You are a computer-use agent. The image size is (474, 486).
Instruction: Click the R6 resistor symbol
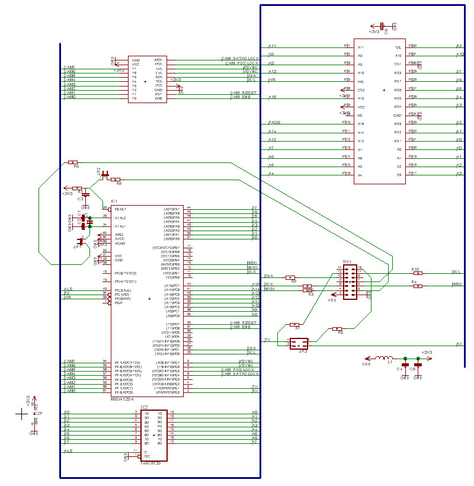(72, 162)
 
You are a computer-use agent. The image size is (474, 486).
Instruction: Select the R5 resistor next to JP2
(116, 179)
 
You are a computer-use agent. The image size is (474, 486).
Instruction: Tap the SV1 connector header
(351, 282)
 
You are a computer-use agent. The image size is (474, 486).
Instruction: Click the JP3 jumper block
(299, 344)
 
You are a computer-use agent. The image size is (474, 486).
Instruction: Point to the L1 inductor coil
(385, 358)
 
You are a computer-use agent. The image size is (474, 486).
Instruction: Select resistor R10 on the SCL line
(418, 273)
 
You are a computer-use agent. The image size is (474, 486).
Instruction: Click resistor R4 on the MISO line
(418, 286)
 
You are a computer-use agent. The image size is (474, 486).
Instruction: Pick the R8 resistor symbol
(337, 328)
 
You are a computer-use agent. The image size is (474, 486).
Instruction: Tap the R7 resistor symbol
(294, 324)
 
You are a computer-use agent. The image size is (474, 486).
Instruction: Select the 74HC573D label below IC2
(150, 463)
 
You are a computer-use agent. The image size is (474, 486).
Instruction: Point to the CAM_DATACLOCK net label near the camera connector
(241, 59)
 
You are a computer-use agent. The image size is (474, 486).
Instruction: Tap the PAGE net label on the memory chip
(274, 122)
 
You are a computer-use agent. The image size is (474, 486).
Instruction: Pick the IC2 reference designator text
(144, 407)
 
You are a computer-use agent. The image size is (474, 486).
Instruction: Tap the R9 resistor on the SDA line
(290, 277)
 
